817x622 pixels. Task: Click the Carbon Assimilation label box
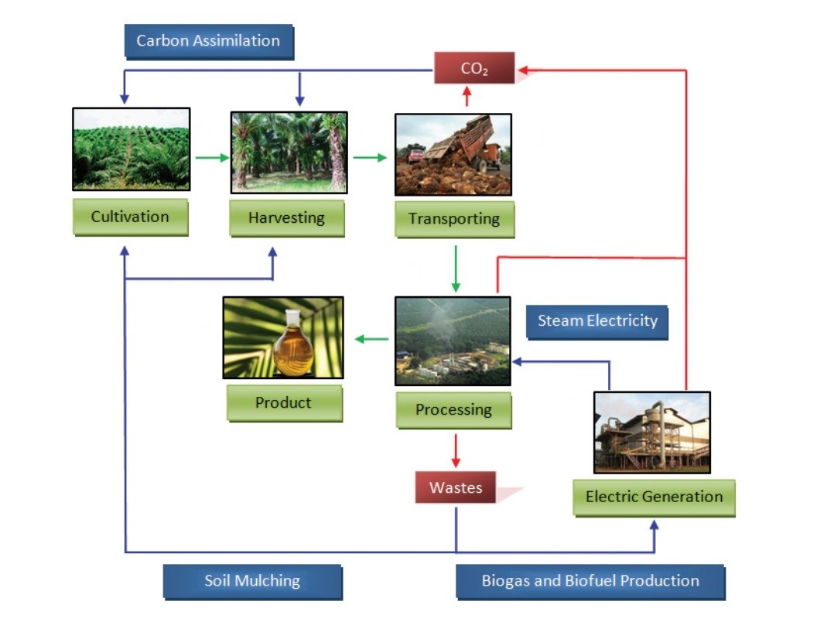click(209, 42)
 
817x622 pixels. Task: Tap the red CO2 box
click(474, 68)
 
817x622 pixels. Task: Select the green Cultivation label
click(130, 217)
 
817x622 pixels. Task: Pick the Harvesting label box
click(287, 217)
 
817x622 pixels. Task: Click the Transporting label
click(454, 219)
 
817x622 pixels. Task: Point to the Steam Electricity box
click(597, 321)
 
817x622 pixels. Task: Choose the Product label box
click(285, 403)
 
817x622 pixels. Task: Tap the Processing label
click(454, 410)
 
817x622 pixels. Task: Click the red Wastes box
click(456, 487)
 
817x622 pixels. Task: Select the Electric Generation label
click(654, 497)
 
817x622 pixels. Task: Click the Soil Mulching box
click(253, 581)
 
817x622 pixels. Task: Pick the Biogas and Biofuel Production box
click(590, 581)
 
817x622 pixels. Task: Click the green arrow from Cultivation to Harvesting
click(213, 158)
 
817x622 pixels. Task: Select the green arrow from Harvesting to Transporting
click(370, 158)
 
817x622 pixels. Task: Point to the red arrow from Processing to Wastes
click(456, 450)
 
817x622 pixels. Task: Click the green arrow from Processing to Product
click(371, 340)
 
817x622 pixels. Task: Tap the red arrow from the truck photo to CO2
click(467, 97)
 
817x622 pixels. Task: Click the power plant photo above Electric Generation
click(652, 433)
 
